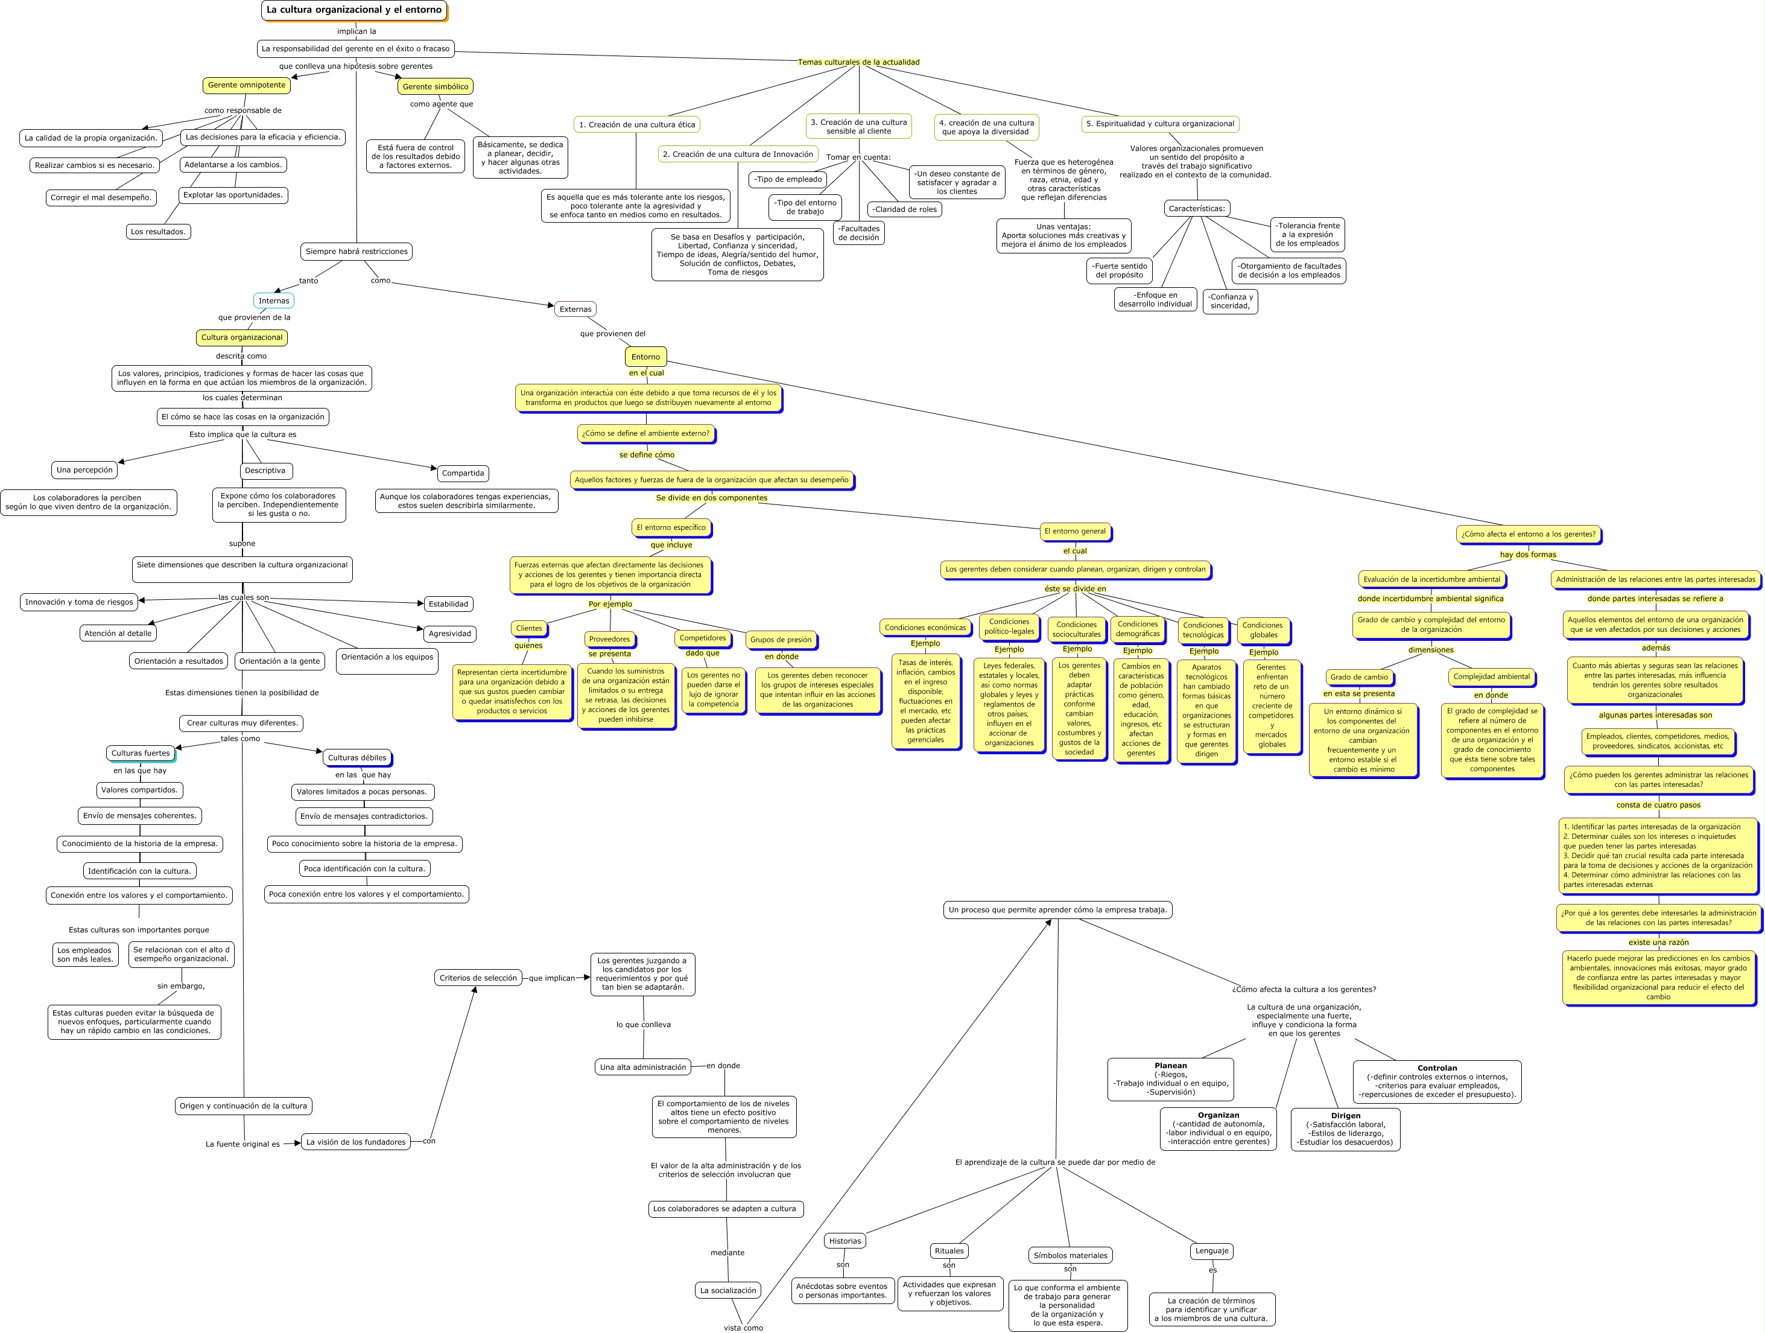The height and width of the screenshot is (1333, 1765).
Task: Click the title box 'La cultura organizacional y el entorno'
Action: coord(353,10)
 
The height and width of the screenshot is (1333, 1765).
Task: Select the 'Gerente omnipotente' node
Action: coord(247,86)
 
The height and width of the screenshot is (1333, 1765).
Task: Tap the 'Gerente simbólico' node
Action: coord(435,86)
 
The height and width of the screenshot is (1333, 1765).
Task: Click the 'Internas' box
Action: coord(274,301)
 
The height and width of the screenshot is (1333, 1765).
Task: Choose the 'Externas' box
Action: coord(575,309)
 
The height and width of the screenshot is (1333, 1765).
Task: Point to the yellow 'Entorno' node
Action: coord(645,357)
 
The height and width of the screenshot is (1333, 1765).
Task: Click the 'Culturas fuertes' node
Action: coord(141,752)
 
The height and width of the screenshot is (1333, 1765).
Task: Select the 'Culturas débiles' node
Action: coord(356,757)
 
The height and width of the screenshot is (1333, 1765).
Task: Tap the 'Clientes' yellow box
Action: coord(529,628)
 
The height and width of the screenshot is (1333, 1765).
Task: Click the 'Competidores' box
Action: coord(702,638)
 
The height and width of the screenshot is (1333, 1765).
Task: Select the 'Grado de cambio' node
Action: coord(1359,677)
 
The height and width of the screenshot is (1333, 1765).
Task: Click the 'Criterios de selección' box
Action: coord(478,978)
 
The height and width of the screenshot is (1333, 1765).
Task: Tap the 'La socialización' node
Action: coord(727,1290)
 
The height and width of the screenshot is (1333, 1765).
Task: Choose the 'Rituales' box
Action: coord(949,1251)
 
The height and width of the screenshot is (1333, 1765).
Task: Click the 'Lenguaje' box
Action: coord(1211,1251)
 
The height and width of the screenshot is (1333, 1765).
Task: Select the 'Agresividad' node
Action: coord(449,634)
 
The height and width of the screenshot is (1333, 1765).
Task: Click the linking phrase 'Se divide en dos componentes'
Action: coord(711,498)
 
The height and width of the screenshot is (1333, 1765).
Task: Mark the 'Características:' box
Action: coord(1196,208)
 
